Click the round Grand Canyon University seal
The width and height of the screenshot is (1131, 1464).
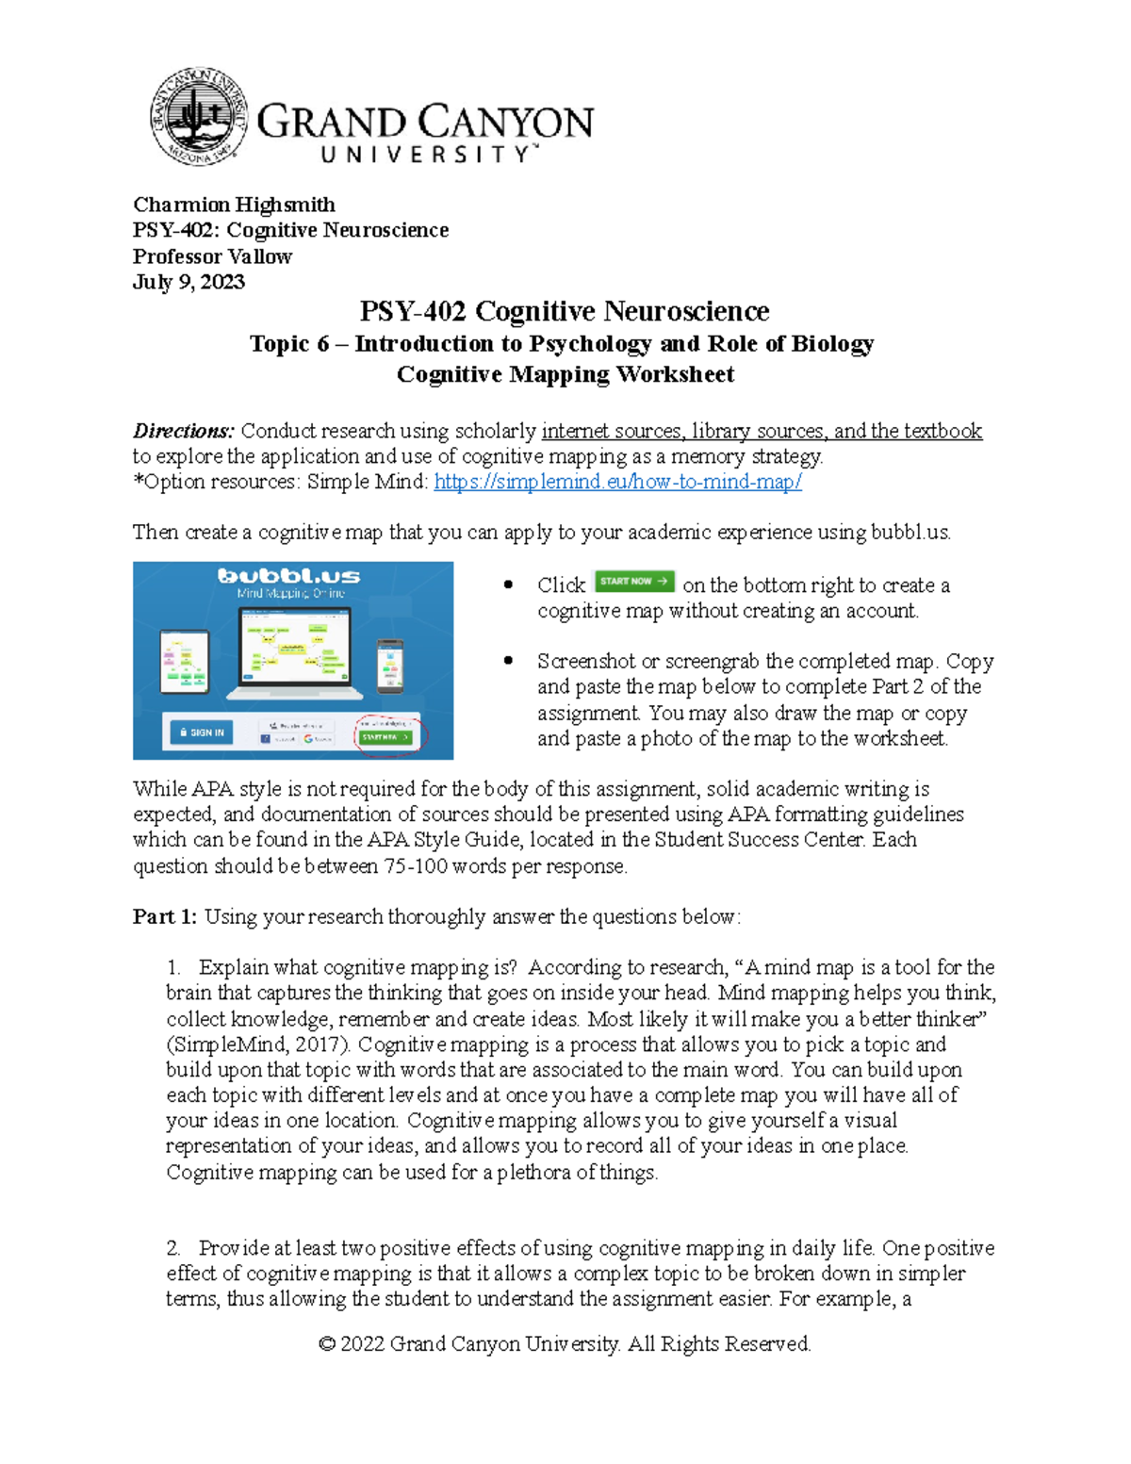point(199,118)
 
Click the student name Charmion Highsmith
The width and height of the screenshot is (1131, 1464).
point(234,205)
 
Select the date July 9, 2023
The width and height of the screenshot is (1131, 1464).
point(188,282)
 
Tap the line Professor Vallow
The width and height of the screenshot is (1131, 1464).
point(212,256)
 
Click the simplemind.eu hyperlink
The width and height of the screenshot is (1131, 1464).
point(617,482)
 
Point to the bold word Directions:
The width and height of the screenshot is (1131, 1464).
point(183,431)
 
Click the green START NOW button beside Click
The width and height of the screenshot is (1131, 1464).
point(633,582)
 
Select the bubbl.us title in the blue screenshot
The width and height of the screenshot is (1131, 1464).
point(288,575)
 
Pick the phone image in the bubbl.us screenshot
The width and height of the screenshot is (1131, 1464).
point(389,665)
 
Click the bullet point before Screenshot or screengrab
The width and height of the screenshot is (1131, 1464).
point(509,661)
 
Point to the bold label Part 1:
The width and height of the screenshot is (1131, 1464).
point(165,916)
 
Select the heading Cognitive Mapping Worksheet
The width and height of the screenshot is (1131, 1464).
point(565,374)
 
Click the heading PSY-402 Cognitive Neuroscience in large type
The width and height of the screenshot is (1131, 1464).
point(564,311)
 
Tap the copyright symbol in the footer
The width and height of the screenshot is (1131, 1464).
point(327,1344)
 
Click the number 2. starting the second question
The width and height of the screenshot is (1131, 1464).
point(173,1248)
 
